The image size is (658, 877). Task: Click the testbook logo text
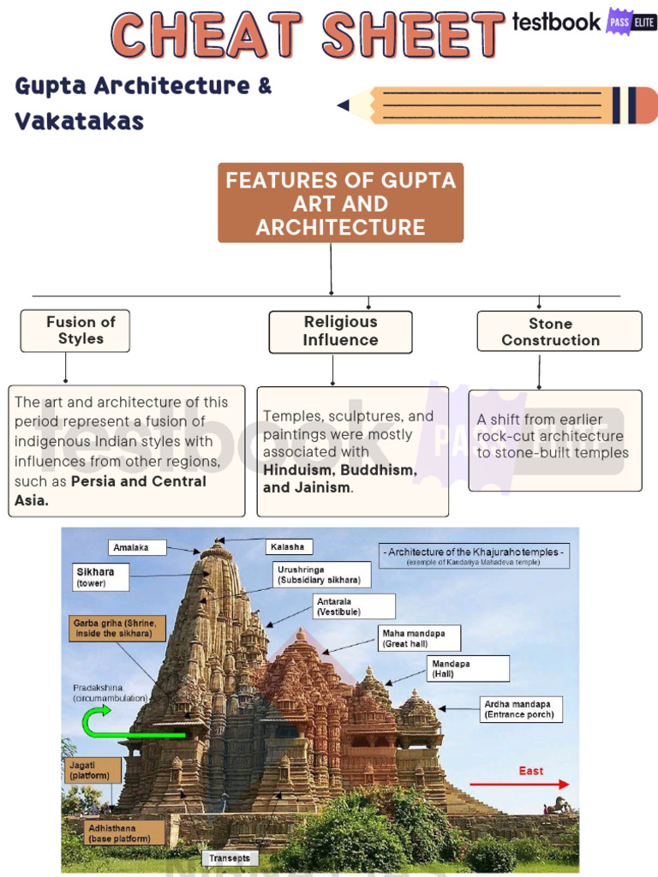coord(556,22)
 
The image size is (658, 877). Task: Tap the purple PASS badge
coord(619,21)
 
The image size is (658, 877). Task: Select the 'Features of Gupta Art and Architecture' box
coord(340,203)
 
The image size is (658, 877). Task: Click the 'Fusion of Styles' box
coord(75,331)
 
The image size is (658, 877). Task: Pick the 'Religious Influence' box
coord(340,331)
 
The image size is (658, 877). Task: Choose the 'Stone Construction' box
coord(559,331)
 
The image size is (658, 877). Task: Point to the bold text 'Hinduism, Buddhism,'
coord(340,470)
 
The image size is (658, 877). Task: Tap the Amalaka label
coord(137,547)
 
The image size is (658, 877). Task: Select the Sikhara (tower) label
coord(101,576)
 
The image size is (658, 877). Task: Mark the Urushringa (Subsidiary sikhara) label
coord(321,574)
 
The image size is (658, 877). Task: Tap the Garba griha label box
coord(117,628)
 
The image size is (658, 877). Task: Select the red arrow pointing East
coord(519,784)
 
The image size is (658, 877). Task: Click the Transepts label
coord(230,857)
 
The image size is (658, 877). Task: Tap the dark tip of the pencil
coord(344,105)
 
